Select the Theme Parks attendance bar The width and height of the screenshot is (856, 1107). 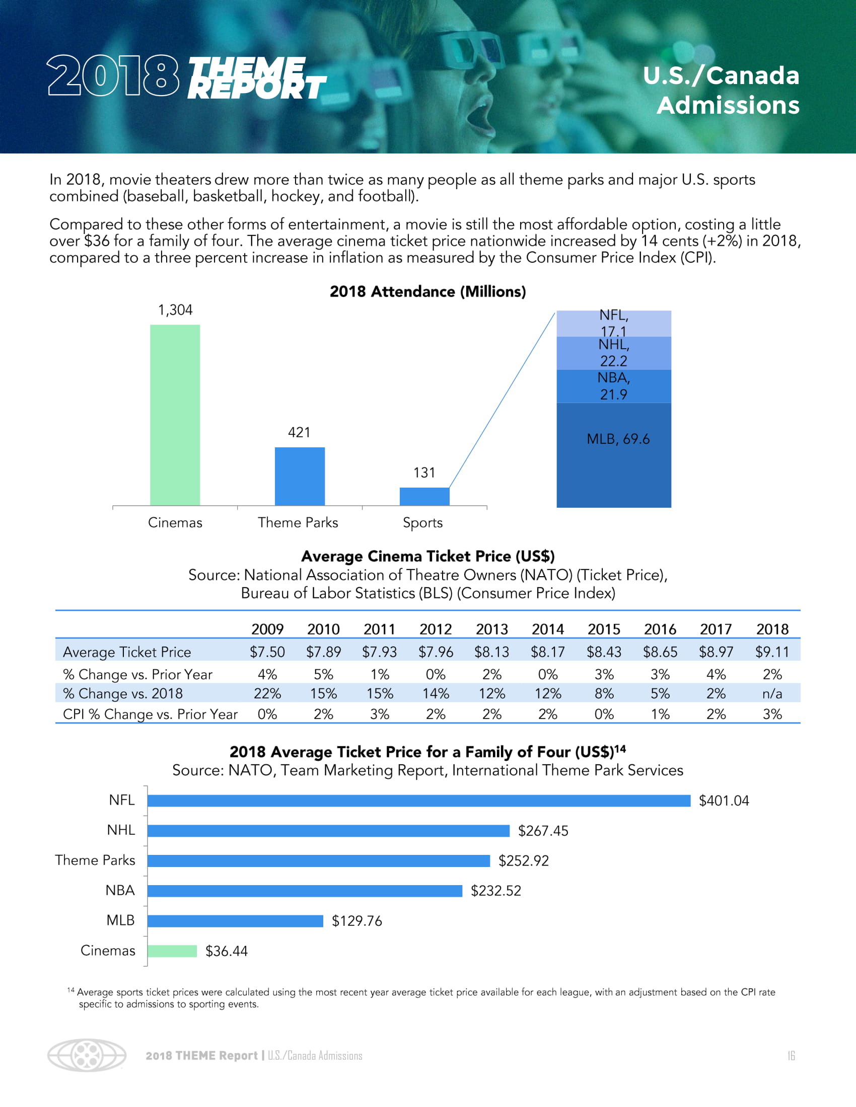(x=300, y=476)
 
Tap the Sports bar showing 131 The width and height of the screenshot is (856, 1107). (x=424, y=496)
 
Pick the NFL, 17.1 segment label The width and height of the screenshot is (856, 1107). (x=614, y=323)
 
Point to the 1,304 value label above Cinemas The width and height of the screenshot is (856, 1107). (x=175, y=309)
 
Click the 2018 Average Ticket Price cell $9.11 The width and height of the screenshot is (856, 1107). (x=772, y=652)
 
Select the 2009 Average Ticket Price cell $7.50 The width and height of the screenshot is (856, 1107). (x=267, y=652)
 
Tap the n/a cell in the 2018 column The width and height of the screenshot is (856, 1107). (x=772, y=693)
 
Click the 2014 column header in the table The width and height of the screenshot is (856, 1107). (x=548, y=629)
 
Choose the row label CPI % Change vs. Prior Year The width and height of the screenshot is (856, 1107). (x=150, y=714)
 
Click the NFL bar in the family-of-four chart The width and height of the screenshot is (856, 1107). (x=419, y=801)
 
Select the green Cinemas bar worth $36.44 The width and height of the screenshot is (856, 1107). (x=172, y=951)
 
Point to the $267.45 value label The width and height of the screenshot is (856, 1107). (x=543, y=831)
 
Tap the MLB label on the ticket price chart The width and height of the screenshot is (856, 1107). (x=121, y=920)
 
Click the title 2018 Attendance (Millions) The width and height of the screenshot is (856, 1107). (x=427, y=291)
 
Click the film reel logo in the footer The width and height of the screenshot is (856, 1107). (x=87, y=1055)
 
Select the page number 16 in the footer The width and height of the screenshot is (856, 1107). (x=791, y=1056)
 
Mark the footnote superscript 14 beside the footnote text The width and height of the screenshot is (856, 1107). (x=70, y=990)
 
